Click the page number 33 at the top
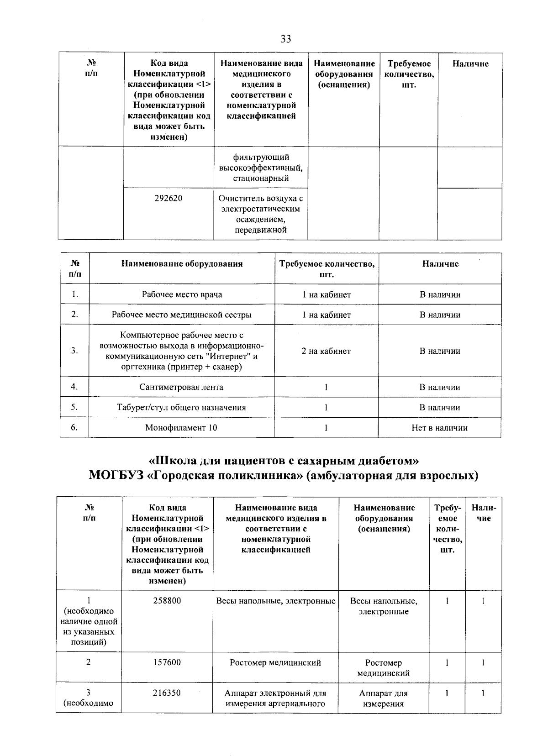[286, 39]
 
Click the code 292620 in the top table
[168, 199]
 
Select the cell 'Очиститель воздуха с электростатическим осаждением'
[261, 214]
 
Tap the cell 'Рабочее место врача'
[182, 294]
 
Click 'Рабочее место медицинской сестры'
[182, 315]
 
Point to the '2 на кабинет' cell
[326, 351]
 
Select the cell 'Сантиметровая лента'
[182, 387]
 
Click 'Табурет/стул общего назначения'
[182, 407]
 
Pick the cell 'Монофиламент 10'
[182, 428]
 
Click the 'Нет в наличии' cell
[439, 428]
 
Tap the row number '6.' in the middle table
[74, 427]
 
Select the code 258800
[167, 601]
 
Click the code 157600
[167, 662]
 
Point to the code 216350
[167, 693]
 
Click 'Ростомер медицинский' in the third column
[275, 662]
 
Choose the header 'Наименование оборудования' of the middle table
[182, 264]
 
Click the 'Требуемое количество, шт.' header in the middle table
[327, 269]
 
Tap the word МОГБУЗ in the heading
[116, 476]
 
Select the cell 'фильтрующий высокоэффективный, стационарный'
[261, 168]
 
